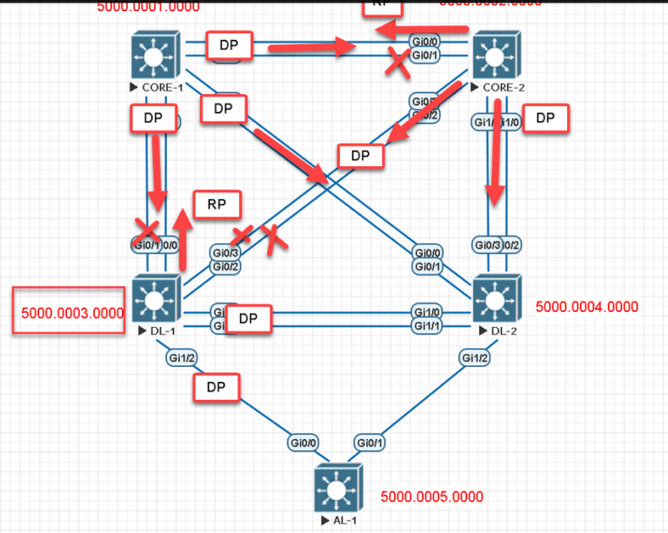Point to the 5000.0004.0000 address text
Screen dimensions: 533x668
click(586, 307)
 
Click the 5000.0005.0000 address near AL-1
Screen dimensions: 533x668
click(431, 497)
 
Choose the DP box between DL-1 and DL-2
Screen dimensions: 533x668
click(249, 319)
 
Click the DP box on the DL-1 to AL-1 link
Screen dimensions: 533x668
click(217, 388)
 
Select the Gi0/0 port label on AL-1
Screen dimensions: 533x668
click(302, 443)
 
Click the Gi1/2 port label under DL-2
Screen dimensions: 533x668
click(475, 358)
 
